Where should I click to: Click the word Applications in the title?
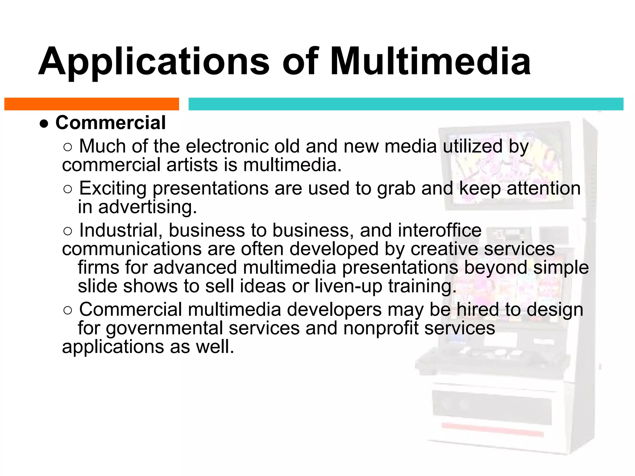154,61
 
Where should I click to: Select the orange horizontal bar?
91,104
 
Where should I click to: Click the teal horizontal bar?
406,104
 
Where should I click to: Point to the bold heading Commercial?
110,123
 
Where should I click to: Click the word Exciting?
113,188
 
